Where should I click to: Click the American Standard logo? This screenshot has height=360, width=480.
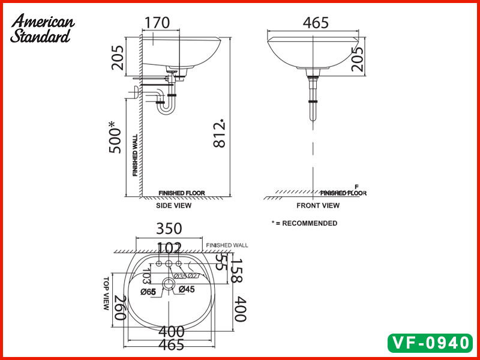pyautogui.click(x=42, y=29)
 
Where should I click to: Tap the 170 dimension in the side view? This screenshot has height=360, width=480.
pyautogui.click(x=157, y=23)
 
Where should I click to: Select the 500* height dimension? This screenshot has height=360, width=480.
pyautogui.click(x=115, y=138)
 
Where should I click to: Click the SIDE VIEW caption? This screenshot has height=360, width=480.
pyautogui.click(x=174, y=205)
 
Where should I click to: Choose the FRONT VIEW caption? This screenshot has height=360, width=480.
pyautogui.click(x=318, y=205)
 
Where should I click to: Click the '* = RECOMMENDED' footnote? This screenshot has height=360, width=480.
pyautogui.click(x=304, y=223)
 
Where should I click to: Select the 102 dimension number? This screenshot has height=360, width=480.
pyautogui.click(x=170, y=248)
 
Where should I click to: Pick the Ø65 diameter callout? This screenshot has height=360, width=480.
pyautogui.click(x=148, y=292)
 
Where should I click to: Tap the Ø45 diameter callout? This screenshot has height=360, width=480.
pyautogui.click(x=187, y=290)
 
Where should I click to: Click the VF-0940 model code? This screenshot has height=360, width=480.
pyautogui.click(x=431, y=343)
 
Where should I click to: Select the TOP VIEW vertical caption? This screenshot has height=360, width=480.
pyautogui.click(x=107, y=293)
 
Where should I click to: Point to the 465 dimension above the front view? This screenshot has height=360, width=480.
pyautogui.click(x=316, y=23)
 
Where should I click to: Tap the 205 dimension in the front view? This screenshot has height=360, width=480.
pyautogui.click(x=358, y=59)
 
